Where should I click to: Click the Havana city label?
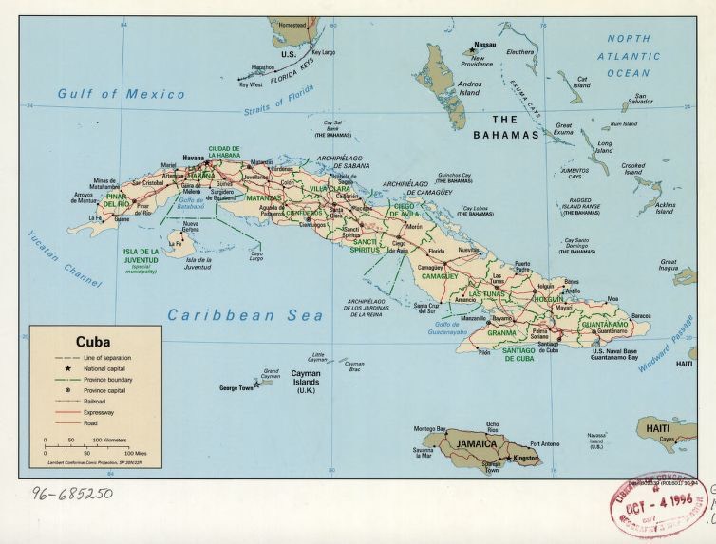(193, 156)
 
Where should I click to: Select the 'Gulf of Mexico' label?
(121, 94)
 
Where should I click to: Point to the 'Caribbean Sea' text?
(246, 315)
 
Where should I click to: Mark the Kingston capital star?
(509, 460)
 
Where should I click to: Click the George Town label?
(237, 387)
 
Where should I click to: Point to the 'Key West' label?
(250, 84)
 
